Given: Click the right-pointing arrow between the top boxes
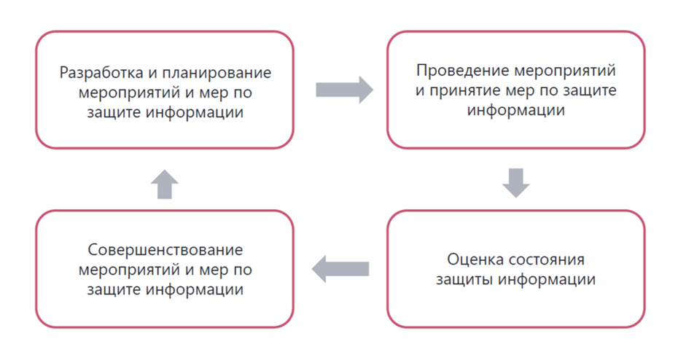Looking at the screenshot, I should click(x=343, y=90).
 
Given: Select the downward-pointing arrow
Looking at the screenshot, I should click(x=515, y=182).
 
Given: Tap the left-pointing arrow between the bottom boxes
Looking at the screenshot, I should click(x=340, y=270).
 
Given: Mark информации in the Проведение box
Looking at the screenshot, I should click(x=515, y=111).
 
